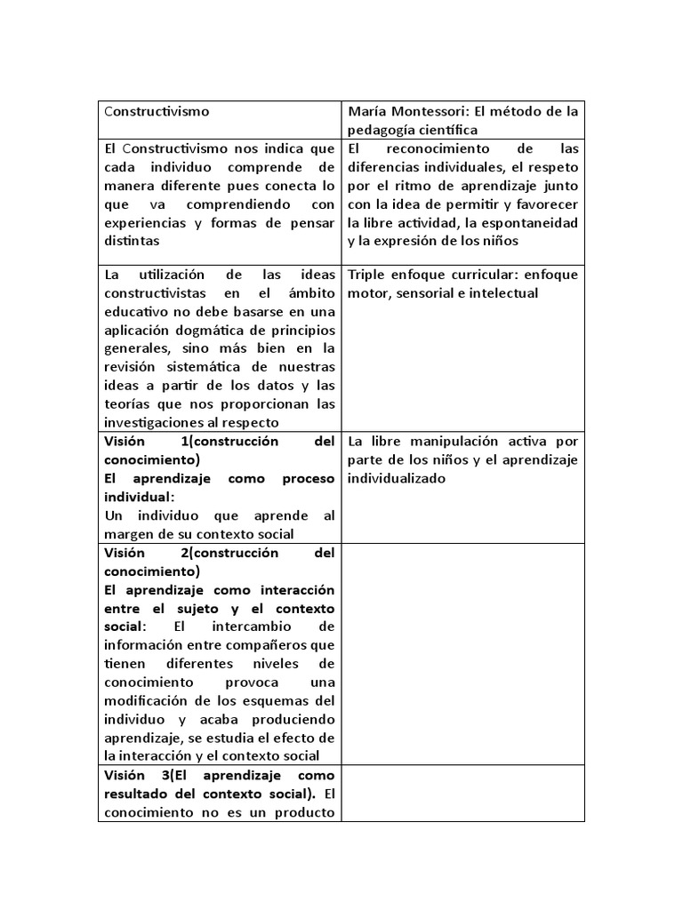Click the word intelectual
tap(506, 293)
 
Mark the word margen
tap(126, 534)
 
